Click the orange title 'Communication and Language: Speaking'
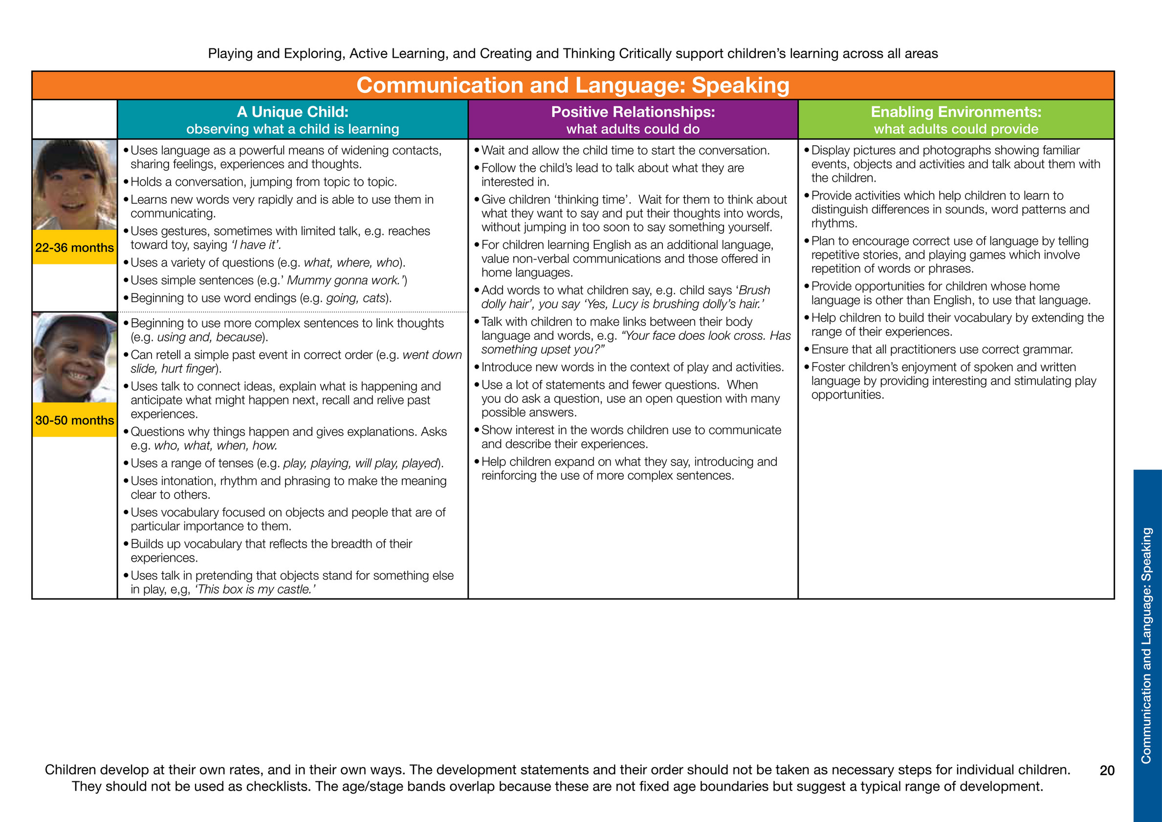coord(572,85)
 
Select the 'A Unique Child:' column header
coord(292,112)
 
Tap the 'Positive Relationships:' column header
coord(633,112)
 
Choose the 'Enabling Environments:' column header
coord(956,112)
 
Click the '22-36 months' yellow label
coord(74,247)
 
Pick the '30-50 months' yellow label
coord(74,420)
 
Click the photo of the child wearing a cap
coord(74,357)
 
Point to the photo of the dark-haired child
coord(74,185)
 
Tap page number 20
coord(1107,770)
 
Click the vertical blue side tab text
coord(1146,645)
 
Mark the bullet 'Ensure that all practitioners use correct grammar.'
coord(942,349)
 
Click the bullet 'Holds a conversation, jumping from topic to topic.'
coord(263,182)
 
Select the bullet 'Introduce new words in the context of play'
coord(632,367)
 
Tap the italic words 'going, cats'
coord(356,298)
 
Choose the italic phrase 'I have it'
coord(256,245)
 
